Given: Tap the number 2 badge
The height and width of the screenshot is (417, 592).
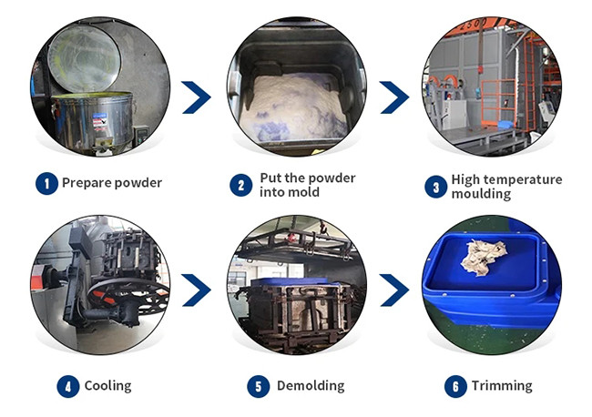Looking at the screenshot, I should [240, 185].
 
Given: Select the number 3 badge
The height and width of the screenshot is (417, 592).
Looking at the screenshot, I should [436, 185].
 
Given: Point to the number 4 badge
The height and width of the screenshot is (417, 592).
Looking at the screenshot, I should [67, 386].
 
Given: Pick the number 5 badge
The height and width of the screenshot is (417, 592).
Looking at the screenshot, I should [260, 386].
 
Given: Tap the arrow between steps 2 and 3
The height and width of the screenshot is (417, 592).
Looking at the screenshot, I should [393, 97].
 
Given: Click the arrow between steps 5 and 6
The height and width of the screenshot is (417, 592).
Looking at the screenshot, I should [393, 290].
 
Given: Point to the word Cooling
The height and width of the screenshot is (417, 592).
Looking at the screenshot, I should [107, 386].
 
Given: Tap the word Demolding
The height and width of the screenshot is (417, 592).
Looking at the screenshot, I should [310, 386].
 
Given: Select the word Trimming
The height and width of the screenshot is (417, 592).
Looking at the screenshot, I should [501, 386].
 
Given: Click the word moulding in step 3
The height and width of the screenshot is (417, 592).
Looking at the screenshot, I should [481, 194].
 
